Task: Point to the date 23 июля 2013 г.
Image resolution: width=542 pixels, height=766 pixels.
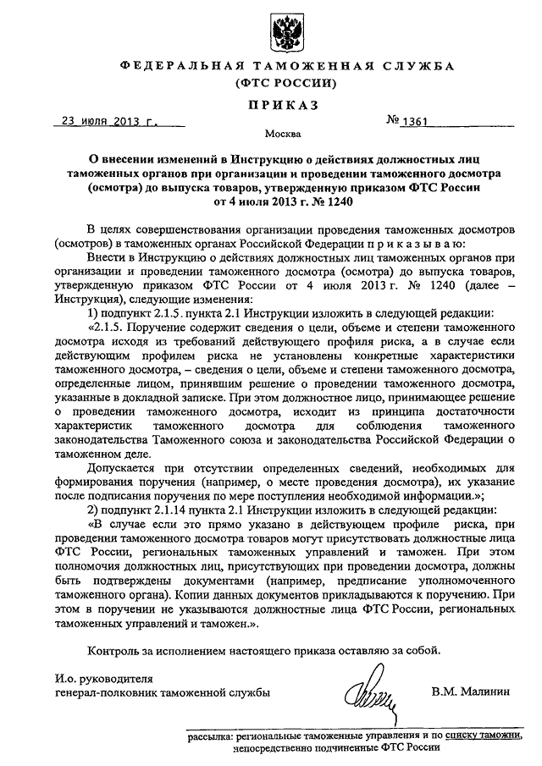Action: [109, 121]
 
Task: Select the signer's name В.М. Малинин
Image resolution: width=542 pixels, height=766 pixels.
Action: [471, 692]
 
